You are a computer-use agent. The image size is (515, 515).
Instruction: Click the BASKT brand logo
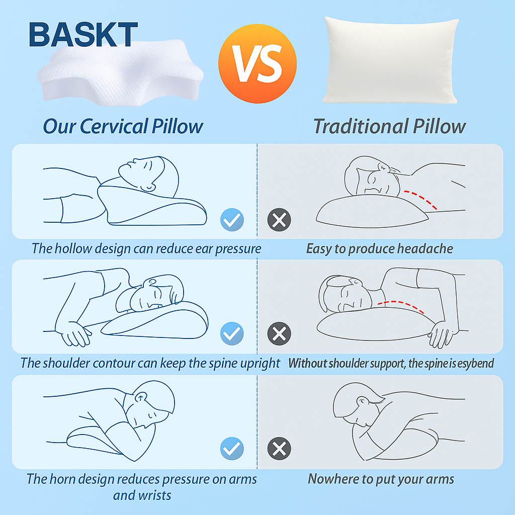click(83, 35)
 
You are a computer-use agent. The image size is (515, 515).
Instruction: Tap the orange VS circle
click(257, 64)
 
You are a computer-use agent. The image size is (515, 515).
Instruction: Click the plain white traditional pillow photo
click(390, 60)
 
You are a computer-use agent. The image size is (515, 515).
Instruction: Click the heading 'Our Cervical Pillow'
click(123, 126)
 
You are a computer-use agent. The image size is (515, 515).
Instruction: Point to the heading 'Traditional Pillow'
click(390, 126)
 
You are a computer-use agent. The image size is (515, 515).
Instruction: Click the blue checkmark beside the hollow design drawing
click(232, 220)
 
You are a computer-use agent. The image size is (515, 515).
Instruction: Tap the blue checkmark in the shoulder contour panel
click(232, 334)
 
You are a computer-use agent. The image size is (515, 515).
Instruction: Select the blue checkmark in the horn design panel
click(232, 449)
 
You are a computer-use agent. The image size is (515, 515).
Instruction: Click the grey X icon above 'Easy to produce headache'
click(279, 220)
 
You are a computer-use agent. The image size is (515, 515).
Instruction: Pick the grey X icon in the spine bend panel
click(279, 334)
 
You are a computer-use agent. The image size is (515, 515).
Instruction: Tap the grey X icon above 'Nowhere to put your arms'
click(279, 449)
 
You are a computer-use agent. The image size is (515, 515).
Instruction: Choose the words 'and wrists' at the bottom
click(142, 495)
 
